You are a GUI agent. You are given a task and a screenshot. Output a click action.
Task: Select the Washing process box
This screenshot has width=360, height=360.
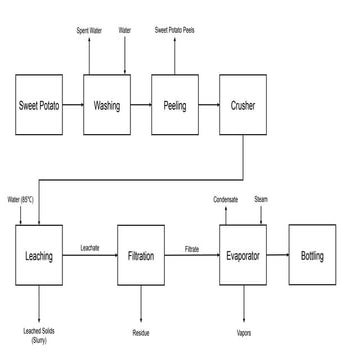tap(107, 104)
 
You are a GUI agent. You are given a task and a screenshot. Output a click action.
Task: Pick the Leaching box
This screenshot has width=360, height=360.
tap(38, 257)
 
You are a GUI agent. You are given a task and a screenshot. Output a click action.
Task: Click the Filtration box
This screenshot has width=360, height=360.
tap(140, 257)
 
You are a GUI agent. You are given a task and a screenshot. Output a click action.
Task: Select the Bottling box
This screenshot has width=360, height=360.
tap(313, 257)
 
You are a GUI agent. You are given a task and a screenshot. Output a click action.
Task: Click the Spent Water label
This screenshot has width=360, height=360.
tap(90, 31)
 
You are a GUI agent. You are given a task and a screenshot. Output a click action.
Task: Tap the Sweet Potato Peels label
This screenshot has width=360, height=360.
tap(174, 31)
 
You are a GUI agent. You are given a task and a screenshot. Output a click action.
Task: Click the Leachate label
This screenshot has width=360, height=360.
tap(89, 247)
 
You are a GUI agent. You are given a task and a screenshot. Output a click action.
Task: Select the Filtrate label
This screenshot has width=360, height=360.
tap(192, 247)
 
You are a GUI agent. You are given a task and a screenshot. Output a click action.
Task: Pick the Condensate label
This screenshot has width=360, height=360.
tap(226, 199)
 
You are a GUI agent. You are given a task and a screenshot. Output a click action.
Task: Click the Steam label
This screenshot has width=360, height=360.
tap(261, 199)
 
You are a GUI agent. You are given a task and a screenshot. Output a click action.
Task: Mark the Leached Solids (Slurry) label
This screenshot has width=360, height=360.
tap(38, 334)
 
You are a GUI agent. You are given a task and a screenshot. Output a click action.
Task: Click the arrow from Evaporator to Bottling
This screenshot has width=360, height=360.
tap(279, 257)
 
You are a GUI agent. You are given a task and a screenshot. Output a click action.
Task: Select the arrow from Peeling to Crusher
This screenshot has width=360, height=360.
tap(209, 104)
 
